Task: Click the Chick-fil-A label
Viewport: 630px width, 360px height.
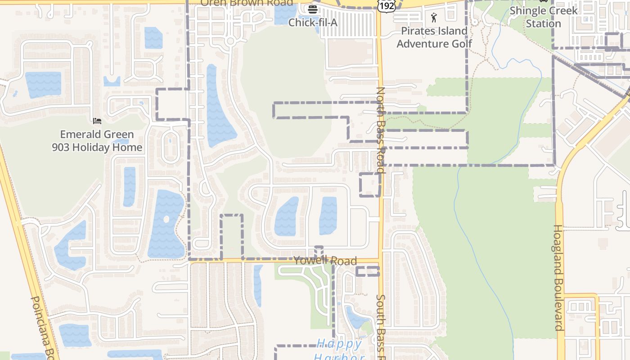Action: [x=312, y=22]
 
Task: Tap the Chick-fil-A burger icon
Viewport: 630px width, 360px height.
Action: [x=313, y=9]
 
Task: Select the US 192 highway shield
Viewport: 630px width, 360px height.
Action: [x=387, y=5]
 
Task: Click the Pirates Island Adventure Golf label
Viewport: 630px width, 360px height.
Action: [x=434, y=37]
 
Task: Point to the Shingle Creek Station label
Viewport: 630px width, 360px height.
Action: [x=543, y=17]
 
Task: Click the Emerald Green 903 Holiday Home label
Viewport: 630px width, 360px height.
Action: [x=97, y=141]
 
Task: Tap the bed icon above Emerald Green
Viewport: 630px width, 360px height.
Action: [x=97, y=121]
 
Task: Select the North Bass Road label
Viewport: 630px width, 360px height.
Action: [x=381, y=130]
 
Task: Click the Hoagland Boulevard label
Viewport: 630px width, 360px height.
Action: [x=558, y=278]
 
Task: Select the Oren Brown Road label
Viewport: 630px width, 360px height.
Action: [x=246, y=3]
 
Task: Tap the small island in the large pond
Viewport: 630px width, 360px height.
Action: [x=166, y=220]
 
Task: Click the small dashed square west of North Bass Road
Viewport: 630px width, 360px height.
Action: [x=370, y=184]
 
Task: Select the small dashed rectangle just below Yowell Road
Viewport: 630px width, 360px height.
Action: [x=368, y=271]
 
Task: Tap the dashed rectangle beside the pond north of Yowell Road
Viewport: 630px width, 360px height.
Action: [x=232, y=237]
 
